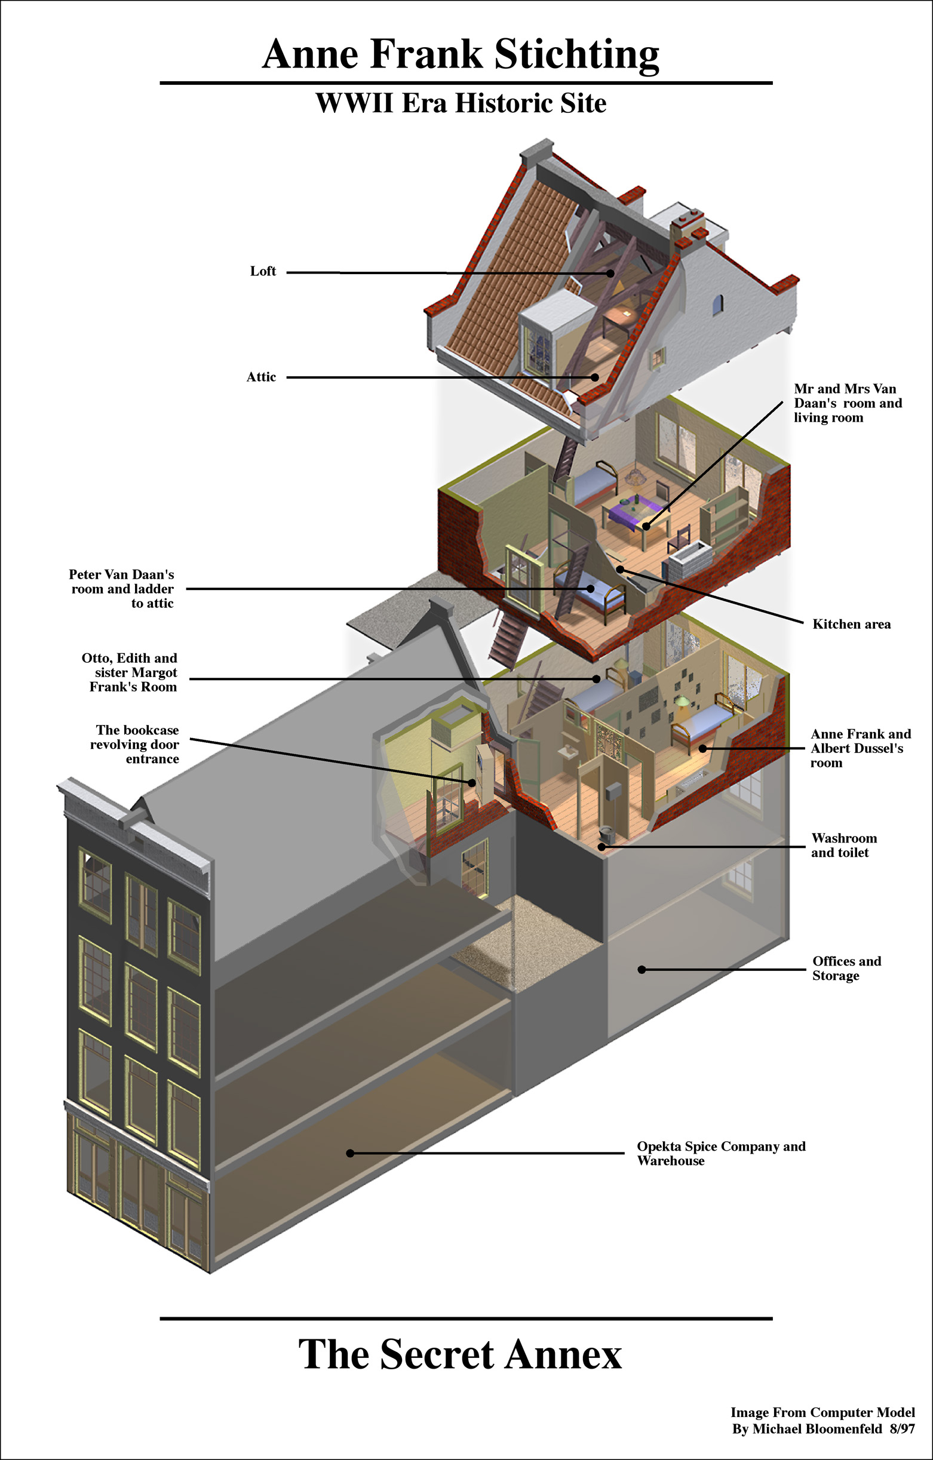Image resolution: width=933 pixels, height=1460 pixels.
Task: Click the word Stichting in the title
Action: [576, 54]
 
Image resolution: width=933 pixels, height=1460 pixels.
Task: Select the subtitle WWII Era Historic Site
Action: [461, 103]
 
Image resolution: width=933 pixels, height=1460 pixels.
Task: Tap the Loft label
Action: [263, 271]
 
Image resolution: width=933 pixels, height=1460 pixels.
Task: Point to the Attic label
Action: [261, 377]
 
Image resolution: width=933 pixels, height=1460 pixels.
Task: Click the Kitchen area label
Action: [851, 625]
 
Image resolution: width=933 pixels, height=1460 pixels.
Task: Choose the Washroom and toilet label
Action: [844, 845]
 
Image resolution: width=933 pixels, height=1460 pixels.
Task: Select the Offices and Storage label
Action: [846, 969]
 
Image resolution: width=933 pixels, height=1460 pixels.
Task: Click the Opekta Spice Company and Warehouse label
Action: [721, 1153]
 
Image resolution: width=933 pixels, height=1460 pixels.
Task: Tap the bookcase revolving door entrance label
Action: [135, 745]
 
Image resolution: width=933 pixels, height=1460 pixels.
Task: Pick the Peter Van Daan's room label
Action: [122, 589]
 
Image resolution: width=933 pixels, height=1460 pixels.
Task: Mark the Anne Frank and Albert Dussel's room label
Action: [860, 748]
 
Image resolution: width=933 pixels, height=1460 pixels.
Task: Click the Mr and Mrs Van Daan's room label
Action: [848, 403]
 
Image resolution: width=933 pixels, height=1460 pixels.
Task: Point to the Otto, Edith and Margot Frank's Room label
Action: [130, 672]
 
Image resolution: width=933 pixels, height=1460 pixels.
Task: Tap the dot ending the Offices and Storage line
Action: [641, 970]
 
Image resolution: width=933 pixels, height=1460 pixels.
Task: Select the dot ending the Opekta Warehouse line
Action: [350, 1153]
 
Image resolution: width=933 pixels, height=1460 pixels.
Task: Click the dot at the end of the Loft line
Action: [610, 273]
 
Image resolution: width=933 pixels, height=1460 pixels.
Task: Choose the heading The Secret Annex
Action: [460, 1354]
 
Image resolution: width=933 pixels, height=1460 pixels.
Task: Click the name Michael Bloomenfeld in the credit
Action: [816, 1429]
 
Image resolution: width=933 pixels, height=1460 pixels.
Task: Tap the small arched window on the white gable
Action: [717, 304]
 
